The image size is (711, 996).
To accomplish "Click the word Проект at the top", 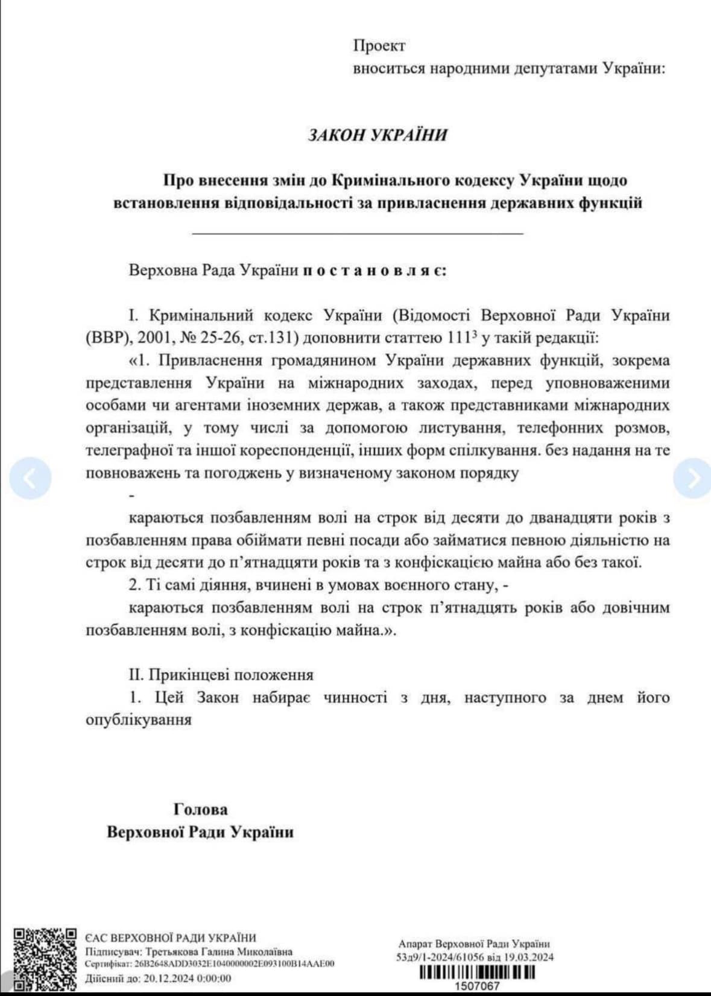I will click(x=379, y=46).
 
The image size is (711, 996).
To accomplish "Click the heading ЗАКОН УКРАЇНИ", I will click(x=378, y=134).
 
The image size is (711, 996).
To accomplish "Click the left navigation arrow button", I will click(x=31, y=477).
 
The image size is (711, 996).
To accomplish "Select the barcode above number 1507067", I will click(x=476, y=972).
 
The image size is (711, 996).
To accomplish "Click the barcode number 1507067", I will click(x=476, y=986).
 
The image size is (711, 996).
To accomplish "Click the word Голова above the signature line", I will click(x=200, y=809).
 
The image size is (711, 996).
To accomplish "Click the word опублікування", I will click(x=139, y=720).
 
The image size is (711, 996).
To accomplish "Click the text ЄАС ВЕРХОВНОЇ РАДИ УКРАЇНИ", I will click(x=170, y=937).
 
